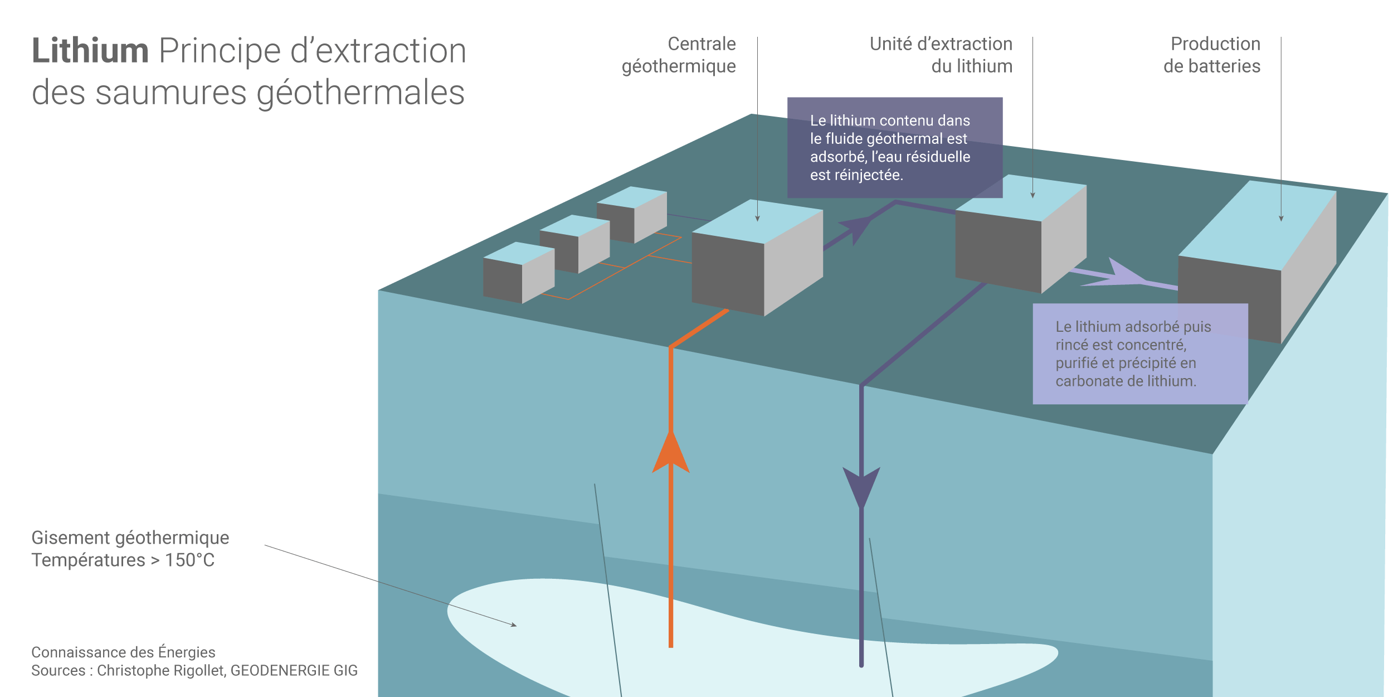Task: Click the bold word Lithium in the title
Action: tap(90, 51)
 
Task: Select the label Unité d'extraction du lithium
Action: tap(941, 55)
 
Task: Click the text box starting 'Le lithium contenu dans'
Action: tap(894, 148)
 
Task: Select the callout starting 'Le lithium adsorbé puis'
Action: tap(1139, 354)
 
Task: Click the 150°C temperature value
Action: tap(189, 560)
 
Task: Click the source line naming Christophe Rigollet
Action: tap(194, 670)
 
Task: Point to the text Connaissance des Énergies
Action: tap(123, 652)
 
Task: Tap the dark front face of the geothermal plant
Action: tap(728, 273)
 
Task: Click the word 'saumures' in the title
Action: tap(171, 93)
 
